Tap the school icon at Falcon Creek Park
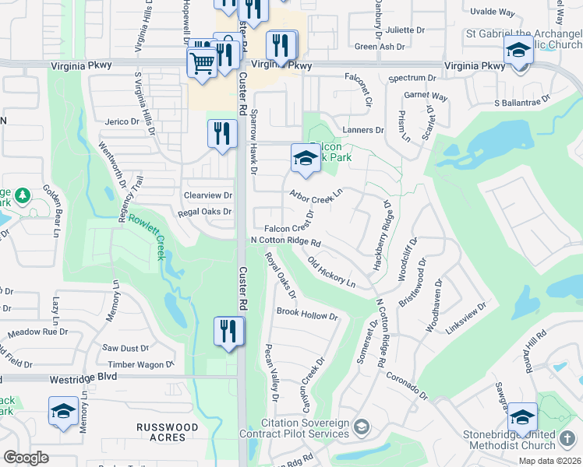point(306,160)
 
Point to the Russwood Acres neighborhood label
point(167,433)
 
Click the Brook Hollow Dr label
point(307,317)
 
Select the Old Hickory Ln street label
point(331,272)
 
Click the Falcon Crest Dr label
point(288,228)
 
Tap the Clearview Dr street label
point(207,195)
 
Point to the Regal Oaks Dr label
point(205,212)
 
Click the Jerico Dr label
point(122,121)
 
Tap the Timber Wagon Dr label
point(141,364)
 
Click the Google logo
point(26,457)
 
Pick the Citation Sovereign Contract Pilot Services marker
point(361,427)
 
